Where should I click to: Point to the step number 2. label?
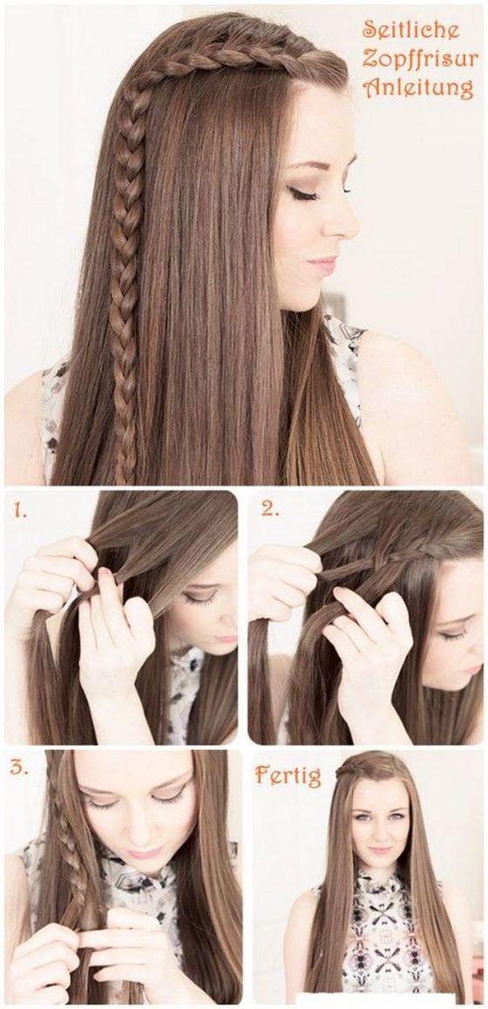click(x=269, y=511)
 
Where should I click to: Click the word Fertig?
click(x=288, y=774)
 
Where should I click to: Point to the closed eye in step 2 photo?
click(x=452, y=633)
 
